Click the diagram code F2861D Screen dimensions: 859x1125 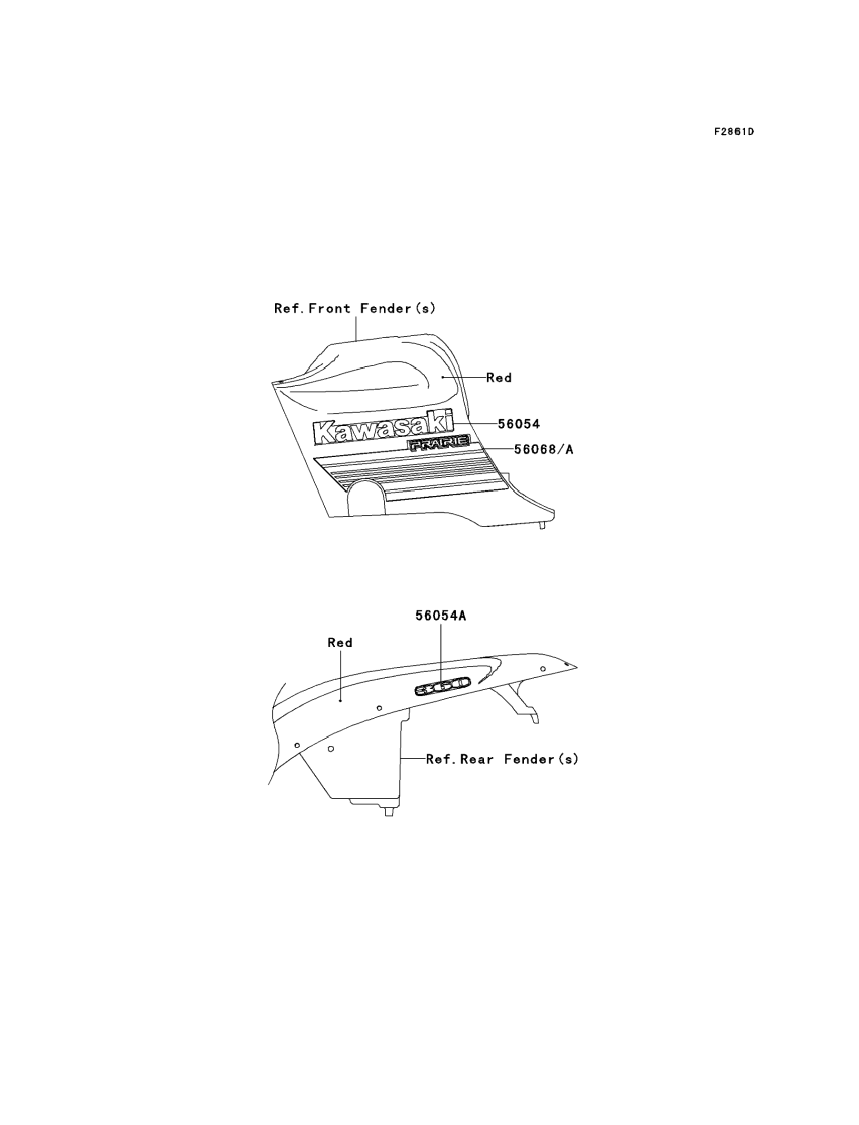734,132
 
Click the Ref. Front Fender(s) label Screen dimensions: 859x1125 355,308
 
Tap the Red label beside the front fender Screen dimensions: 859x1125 499,377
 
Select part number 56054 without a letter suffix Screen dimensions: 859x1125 519,423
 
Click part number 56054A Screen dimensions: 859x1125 440,616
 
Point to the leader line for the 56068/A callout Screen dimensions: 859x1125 496,449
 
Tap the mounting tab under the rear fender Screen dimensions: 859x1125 389,811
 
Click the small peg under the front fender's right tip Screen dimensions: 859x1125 543,525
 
